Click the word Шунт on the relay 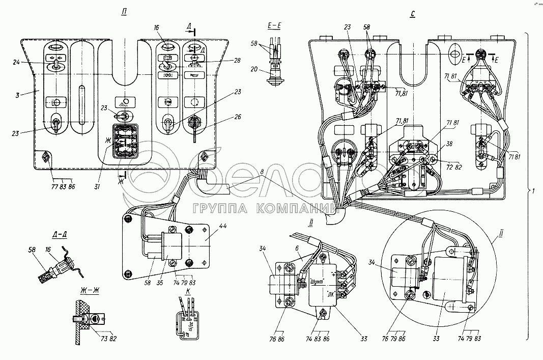click(x=318, y=281)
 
